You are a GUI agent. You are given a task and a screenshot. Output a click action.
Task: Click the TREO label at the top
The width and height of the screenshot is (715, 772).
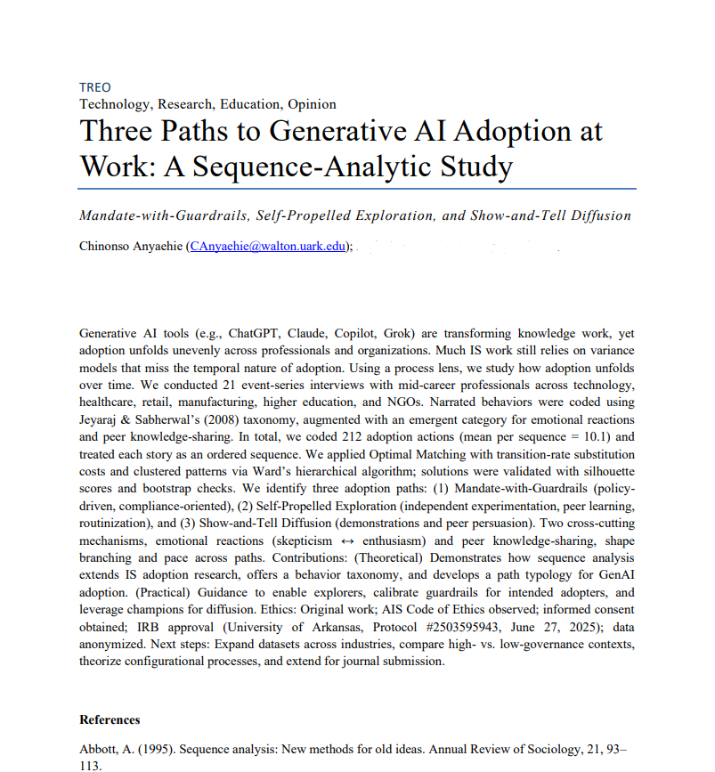(95, 87)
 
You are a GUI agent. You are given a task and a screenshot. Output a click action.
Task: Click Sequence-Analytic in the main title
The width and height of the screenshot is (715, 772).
(329, 167)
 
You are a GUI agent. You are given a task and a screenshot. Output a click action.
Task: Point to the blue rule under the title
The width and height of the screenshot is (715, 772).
(357, 189)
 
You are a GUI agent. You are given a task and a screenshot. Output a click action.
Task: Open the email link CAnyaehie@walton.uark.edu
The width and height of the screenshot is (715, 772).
(266, 247)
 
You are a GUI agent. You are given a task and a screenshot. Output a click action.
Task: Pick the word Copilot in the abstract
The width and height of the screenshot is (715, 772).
(385, 332)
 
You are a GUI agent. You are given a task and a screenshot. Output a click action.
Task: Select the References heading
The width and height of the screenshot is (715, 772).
(110, 719)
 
